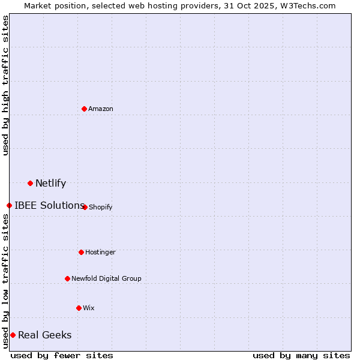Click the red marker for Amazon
tap(85, 109)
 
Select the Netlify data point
tap(30, 183)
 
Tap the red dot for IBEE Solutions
tap(9, 205)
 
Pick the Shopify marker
tap(85, 207)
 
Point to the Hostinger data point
tap(81, 252)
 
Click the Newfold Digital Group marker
tap(67, 278)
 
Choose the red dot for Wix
tap(79, 308)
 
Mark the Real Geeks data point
tap(13, 335)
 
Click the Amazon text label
tap(101, 109)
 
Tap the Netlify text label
tap(50, 183)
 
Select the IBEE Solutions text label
tap(49, 205)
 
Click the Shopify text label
tap(101, 207)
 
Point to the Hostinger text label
tap(100, 252)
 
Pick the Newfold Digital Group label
tap(106, 278)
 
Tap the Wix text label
tap(89, 308)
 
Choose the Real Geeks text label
tap(44, 335)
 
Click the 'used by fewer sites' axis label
tap(62, 355)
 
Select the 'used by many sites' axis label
tap(301, 355)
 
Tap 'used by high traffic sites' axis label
tap(5, 85)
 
